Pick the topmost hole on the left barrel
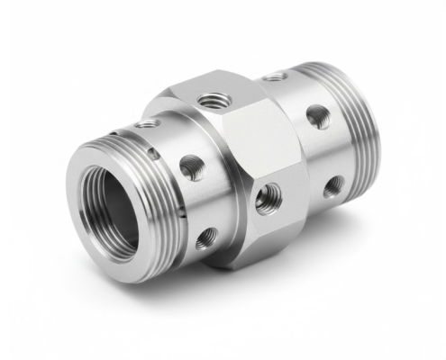coord(146,123)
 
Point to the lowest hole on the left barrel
coord(206,237)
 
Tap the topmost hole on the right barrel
coord(275,76)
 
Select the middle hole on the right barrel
coord(318,115)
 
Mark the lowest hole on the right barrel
coord(333,186)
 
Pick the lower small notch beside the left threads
coord(180,216)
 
